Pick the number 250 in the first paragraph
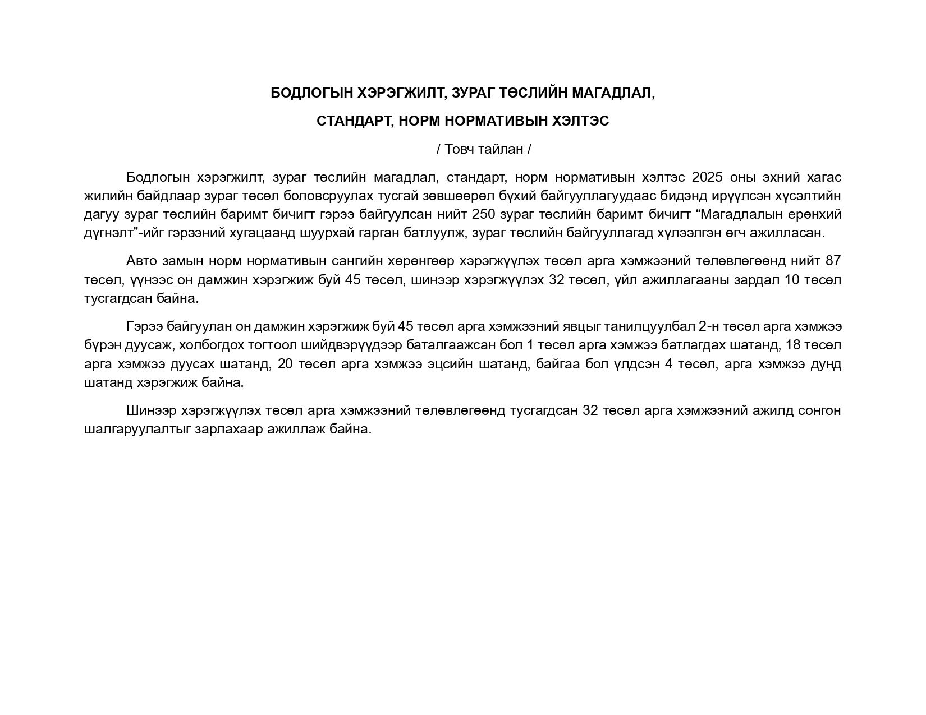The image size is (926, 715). click(x=484, y=214)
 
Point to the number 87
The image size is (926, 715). click(x=833, y=261)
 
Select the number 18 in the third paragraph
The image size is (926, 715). click(x=794, y=345)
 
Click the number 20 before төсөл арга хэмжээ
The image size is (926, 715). click(x=285, y=364)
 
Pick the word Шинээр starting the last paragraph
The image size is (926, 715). click(x=150, y=410)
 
